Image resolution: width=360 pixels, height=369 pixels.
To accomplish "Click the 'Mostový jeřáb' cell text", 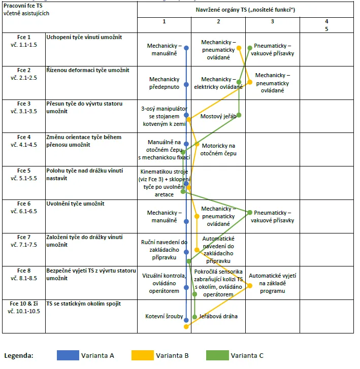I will point(218,116).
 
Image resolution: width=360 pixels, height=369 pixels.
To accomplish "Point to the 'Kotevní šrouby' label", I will point(164,316).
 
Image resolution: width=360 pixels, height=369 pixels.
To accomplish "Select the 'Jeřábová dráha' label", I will point(217,316).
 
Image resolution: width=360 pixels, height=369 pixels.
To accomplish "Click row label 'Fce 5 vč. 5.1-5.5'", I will point(24,174).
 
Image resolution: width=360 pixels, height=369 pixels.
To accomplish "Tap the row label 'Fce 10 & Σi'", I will point(24,304).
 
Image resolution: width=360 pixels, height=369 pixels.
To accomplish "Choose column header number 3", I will point(272,21).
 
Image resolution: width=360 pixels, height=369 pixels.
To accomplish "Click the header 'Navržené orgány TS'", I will point(245,10).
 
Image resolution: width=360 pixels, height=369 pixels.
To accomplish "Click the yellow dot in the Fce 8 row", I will point(249,286).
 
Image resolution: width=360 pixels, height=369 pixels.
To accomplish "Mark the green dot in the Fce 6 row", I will point(250,213).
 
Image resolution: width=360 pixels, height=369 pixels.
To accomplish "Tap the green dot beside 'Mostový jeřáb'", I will point(239,115).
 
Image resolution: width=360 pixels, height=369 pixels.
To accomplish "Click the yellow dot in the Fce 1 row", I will point(239,48).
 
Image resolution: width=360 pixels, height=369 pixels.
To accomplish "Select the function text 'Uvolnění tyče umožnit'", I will point(76,204).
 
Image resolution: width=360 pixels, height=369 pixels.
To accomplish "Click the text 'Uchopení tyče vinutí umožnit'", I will point(84,37).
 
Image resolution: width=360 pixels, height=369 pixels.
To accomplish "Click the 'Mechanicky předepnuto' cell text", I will point(164,83).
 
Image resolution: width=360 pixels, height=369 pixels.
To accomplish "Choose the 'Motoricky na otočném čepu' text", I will point(218,149).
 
